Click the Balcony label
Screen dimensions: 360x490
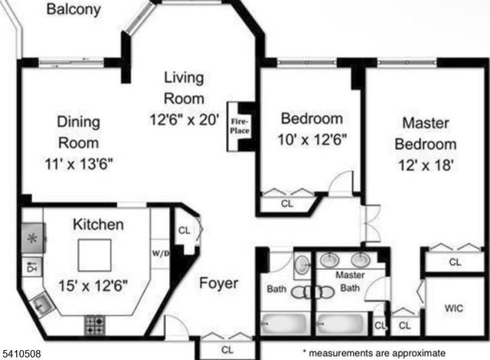pyautogui.click(x=73, y=10)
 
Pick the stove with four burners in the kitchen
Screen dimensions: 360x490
pyautogui.click(x=95, y=324)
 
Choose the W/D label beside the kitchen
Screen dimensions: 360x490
pyautogui.click(x=160, y=254)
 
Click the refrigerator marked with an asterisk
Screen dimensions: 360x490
pyautogui.click(x=32, y=237)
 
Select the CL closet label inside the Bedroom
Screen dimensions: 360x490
pyautogui.click(x=287, y=204)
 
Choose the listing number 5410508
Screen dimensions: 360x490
pyautogui.click(x=24, y=353)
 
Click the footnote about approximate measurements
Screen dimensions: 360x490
pyautogui.click(x=373, y=353)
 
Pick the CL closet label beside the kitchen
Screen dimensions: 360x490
pyautogui.click(x=184, y=229)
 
